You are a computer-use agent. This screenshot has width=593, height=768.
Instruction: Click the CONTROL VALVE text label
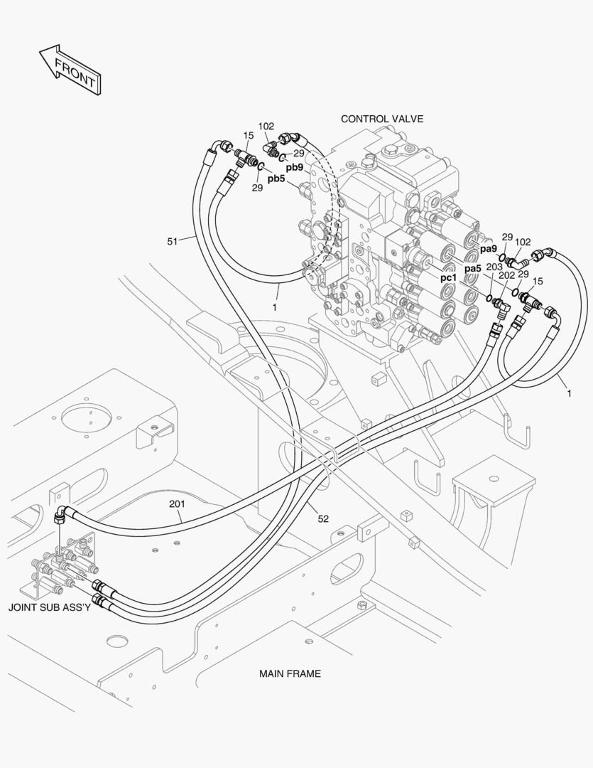click(x=381, y=119)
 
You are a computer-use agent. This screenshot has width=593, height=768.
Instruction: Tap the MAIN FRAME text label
click(x=290, y=673)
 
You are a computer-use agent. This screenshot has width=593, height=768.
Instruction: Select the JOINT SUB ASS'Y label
click(x=49, y=608)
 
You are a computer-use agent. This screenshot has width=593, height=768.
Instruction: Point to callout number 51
click(x=173, y=241)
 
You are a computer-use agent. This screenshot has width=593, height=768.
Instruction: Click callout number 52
click(x=322, y=519)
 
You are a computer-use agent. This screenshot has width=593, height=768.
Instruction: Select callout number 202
click(x=506, y=275)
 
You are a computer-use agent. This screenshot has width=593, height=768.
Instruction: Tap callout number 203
click(x=494, y=267)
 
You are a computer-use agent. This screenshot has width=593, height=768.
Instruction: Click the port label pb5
click(x=276, y=178)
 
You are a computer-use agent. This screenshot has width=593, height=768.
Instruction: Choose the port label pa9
click(x=488, y=249)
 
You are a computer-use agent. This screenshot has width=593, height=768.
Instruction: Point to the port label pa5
click(x=473, y=269)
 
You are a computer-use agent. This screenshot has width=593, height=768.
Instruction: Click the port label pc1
click(x=448, y=278)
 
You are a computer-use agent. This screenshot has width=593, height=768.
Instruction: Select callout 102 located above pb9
click(x=266, y=127)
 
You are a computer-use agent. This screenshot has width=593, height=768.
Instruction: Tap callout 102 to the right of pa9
click(x=523, y=242)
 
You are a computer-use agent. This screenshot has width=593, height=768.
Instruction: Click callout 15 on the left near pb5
click(x=249, y=135)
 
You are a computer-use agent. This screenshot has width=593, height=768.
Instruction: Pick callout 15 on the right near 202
click(x=538, y=282)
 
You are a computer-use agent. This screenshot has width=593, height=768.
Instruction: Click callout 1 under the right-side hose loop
click(x=568, y=392)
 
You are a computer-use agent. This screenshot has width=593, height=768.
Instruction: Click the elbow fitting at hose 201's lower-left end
click(x=62, y=513)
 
